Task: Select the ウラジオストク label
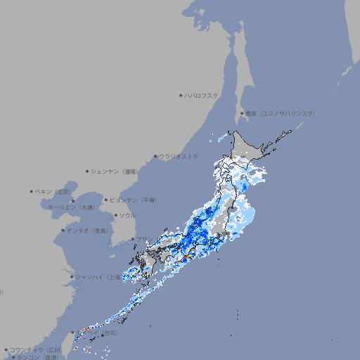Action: (x=179, y=156)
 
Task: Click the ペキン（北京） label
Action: (x=54, y=191)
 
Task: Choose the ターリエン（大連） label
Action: (x=71, y=207)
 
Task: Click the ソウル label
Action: (x=127, y=215)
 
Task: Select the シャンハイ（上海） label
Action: (x=98, y=277)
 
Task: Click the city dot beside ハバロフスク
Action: (x=181, y=95)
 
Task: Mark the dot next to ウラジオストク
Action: (x=155, y=156)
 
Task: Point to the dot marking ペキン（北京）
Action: (x=32, y=191)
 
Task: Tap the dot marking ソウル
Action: (x=115, y=215)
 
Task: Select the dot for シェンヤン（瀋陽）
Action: (x=88, y=171)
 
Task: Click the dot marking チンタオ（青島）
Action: (x=63, y=230)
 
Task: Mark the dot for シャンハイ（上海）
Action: (x=72, y=277)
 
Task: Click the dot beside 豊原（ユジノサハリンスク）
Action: (x=242, y=113)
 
